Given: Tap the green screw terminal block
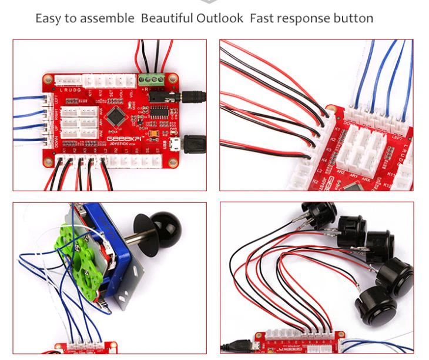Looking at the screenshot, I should pos(151,79).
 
